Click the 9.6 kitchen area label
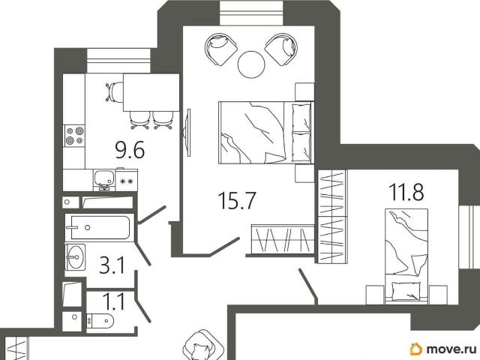(130, 150)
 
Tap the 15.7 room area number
(236, 201)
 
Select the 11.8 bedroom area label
(406, 192)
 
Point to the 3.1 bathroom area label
(112, 265)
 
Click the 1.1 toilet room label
(113, 301)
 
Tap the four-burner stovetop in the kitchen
(75, 136)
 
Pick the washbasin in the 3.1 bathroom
(75, 257)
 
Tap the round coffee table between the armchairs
(251, 64)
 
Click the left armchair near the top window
(221, 49)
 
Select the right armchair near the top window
(281, 49)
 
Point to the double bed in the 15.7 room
(266, 133)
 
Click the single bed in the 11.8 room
(406, 256)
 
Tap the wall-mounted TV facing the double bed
(188, 132)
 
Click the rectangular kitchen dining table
(151, 92)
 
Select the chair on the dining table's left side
(114, 91)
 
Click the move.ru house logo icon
(416, 349)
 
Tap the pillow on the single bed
(406, 291)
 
